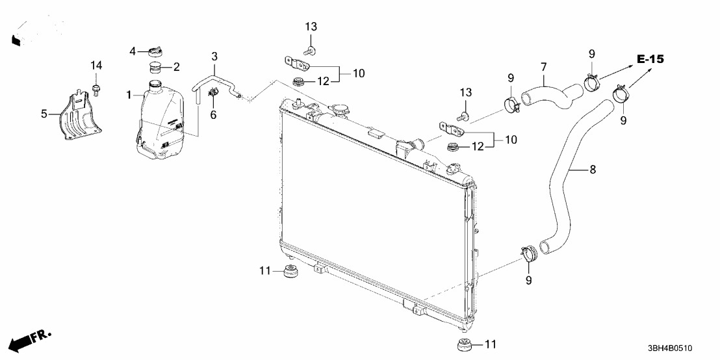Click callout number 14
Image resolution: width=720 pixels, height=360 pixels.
[x=96, y=65]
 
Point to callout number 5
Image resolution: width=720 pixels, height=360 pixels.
[x=44, y=114]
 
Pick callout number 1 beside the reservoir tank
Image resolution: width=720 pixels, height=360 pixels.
[x=129, y=95]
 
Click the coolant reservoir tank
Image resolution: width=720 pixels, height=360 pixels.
[x=162, y=123]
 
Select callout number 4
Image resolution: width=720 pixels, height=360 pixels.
[x=133, y=51]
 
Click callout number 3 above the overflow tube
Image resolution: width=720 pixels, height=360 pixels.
[x=214, y=57]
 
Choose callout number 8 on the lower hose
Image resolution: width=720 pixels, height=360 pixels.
[x=592, y=170]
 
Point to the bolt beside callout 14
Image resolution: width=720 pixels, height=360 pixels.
[x=96, y=88]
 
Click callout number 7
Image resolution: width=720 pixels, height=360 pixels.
[x=544, y=66]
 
